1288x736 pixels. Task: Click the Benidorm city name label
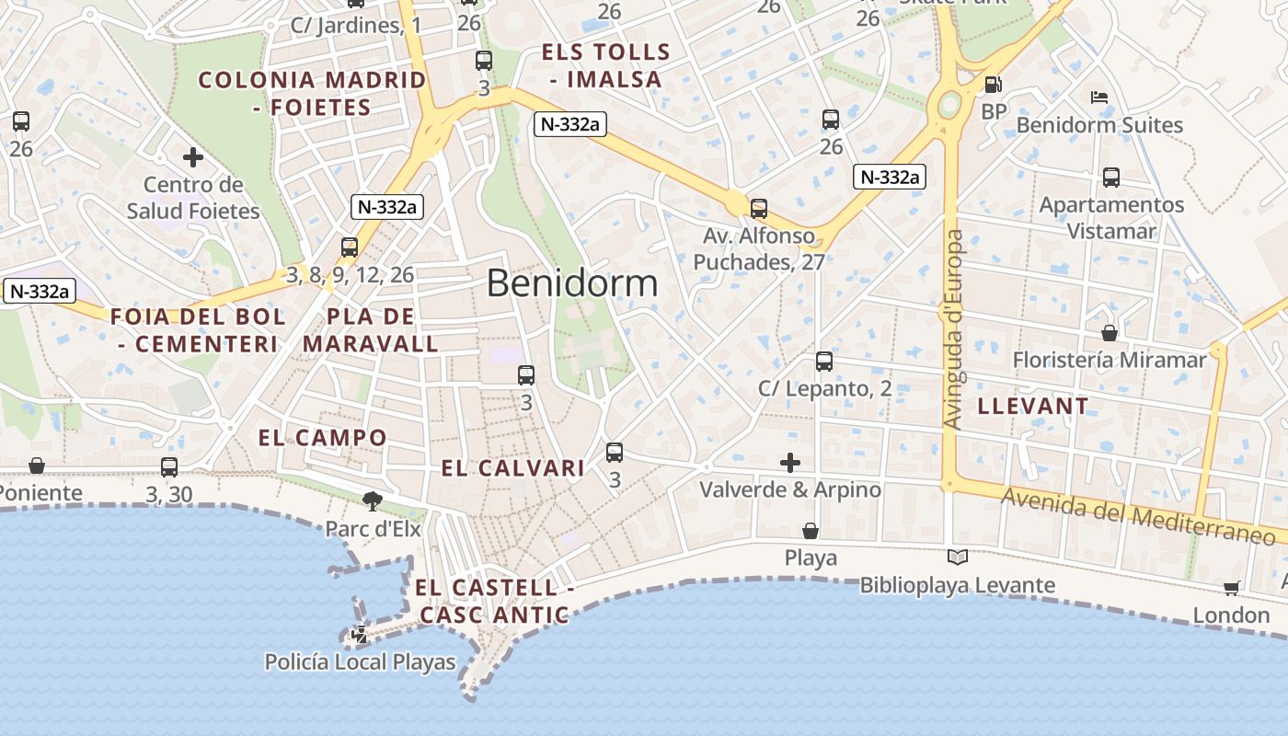[x=572, y=283]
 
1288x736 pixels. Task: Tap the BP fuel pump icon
[x=993, y=86]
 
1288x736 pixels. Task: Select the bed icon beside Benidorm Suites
[x=1098, y=98]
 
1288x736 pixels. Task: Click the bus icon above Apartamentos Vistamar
[x=1110, y=178]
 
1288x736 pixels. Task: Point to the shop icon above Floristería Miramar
[x=1110, y=332]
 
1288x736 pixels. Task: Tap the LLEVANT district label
[x=1033, y=406]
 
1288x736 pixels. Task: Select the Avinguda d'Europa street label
[x=955, y=329]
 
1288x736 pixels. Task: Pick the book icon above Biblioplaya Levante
[x=957, y=557]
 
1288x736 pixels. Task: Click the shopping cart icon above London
[x=1232, y=588]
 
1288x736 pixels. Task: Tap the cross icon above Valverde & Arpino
[x=789, y=462]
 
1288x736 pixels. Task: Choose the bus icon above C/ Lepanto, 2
[x=824, y=362]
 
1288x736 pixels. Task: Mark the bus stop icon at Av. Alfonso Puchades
[x=758, y=209]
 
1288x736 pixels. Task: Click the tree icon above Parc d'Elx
[x=373, y=500]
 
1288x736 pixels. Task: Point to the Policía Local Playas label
[x=360, y=662]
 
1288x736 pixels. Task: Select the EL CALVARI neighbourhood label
[x=512, y=468]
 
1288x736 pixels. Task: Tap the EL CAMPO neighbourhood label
[x=322, y=438]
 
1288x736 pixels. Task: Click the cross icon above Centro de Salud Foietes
[x=192, y=157]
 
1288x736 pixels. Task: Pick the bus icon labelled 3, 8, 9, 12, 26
[x=350, y=247]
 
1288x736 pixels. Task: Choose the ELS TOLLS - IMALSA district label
[x=606, y=65]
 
